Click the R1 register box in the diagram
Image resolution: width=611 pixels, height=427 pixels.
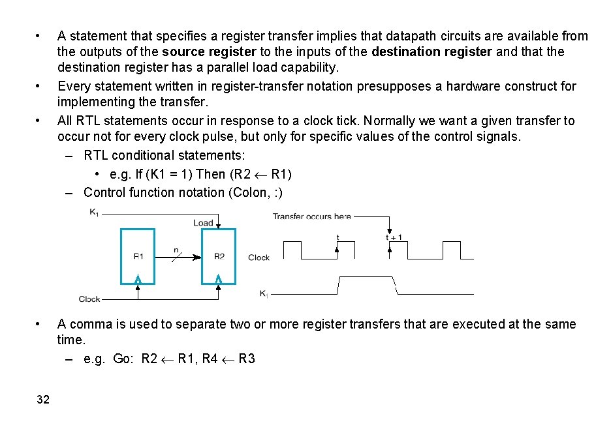point(138,256)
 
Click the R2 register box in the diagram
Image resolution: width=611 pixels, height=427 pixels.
point(219,256)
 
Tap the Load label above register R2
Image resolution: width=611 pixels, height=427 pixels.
point(203,223)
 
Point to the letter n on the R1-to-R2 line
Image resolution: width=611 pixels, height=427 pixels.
point(176,250)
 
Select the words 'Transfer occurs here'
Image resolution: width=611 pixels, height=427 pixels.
point(311,216)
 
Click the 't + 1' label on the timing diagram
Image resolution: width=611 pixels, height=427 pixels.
point(394,237)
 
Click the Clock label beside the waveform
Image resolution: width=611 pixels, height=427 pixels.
point(258,258)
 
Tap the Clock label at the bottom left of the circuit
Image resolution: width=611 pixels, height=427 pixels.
point(89,299)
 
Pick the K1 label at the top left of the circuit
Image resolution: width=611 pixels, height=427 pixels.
point(94,211)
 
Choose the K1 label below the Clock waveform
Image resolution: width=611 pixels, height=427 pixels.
point(264,294)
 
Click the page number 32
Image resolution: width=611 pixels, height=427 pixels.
point(43,400)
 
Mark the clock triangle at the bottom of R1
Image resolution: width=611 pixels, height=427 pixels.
point(138,279)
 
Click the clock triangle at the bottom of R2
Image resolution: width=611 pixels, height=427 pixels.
point(219,279)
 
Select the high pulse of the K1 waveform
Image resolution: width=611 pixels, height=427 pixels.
point(366,278)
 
